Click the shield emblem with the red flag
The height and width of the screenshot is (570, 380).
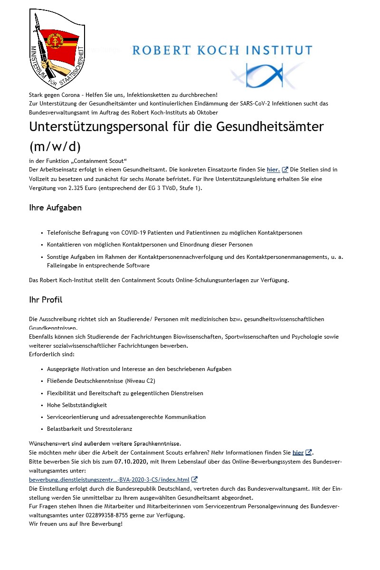tap(57, 47)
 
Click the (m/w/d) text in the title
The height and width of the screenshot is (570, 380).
tap(54, 146)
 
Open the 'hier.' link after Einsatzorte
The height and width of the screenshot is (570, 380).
tap(273, 170)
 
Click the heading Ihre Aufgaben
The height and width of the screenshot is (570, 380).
tap(55, 208)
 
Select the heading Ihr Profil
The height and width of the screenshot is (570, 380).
tap(46, 300)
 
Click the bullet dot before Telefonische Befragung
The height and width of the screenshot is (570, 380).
tap(42, 233)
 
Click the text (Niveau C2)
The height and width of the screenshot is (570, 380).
tap(140, 381)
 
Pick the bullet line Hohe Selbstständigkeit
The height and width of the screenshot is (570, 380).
tap(77, 405)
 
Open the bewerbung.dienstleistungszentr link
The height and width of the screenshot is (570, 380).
tap(109, 480)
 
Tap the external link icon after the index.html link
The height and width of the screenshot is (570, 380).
tap(194, 480)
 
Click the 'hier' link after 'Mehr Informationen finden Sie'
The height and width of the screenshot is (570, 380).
tap(298, 453)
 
